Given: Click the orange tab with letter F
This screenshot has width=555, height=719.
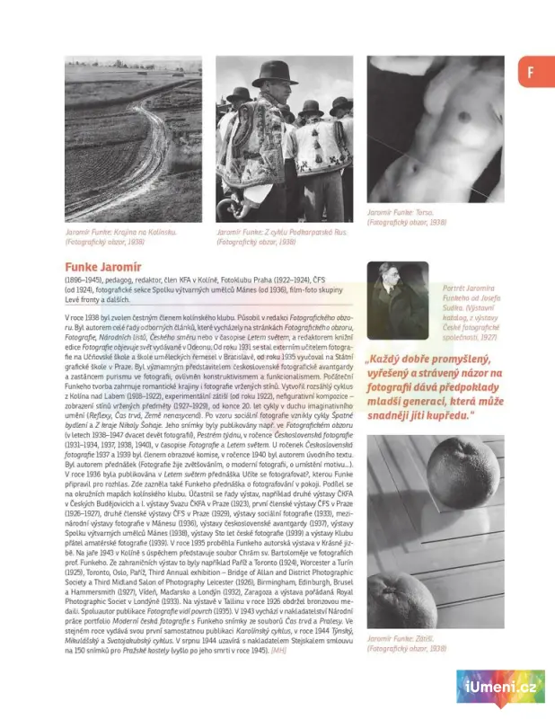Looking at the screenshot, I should (x=531, y=73).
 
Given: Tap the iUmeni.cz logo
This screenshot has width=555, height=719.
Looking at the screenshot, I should (x=500, y=689).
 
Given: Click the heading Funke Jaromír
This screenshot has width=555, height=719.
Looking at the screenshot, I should (x=103, y=267).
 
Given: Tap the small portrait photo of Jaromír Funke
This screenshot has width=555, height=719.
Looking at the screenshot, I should (x=397, y=299).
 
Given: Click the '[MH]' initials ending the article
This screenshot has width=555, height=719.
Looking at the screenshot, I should (x=278, y=649).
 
